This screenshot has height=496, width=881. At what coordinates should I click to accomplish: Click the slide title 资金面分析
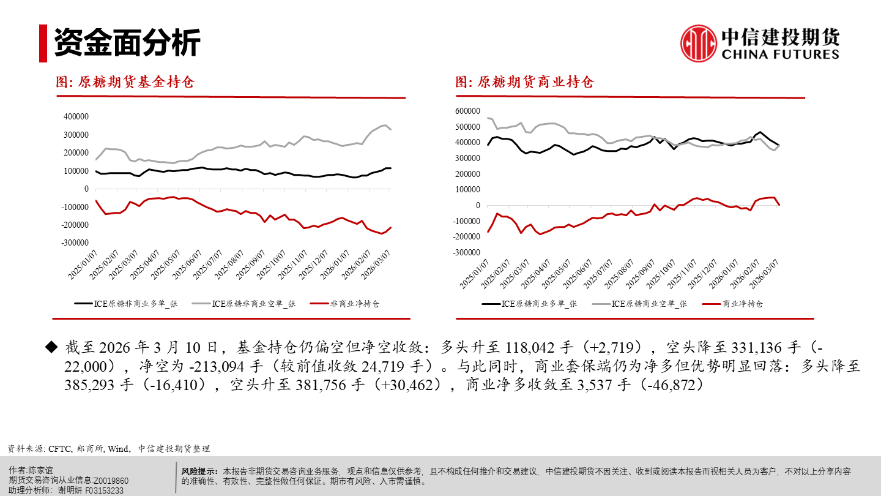click(127, 43)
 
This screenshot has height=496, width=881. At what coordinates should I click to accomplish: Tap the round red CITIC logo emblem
click(699, 43)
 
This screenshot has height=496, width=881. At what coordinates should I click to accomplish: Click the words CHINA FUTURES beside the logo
click(781, 54)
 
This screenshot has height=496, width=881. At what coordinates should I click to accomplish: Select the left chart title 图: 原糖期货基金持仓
click(125, 82)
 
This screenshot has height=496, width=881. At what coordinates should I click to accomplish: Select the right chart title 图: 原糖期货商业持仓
click(524, 82)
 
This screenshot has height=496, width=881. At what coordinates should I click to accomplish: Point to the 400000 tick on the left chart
click(76, 116)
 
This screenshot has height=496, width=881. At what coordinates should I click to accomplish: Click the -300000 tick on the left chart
click(75, 243)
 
